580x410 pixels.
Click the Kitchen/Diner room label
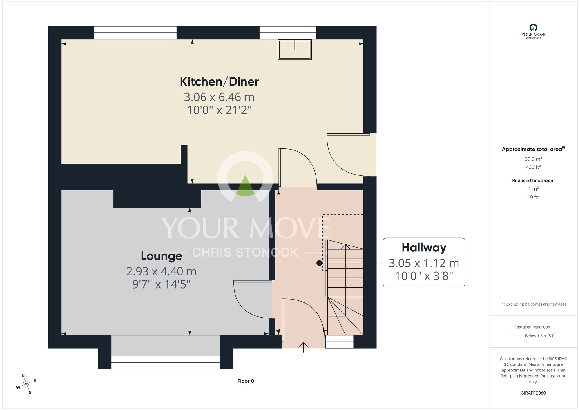click(219, 82)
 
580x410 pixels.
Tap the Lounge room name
click(162, 256)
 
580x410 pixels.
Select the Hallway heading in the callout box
click(424, 248)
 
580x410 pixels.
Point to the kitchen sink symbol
click(295, 50)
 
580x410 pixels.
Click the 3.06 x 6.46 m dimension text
click(219, 97)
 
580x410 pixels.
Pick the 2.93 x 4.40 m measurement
click(162, 271)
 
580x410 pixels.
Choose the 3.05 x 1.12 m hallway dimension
click(424, 263)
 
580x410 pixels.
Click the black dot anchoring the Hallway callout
click(319, 263)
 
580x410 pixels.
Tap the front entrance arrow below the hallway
click(303, 347)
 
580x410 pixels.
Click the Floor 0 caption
click(246, 381)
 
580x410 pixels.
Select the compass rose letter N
click(23, 375)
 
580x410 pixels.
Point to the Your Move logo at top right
click(533, 31)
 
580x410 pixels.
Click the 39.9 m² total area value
click(533, 159)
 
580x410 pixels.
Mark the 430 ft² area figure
click(533, 167)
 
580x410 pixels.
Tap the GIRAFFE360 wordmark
click(533, 393)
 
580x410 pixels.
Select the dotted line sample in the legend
click(517, 336)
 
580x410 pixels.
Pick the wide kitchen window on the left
click(135, 33)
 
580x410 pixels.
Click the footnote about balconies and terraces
click(533, 304)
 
